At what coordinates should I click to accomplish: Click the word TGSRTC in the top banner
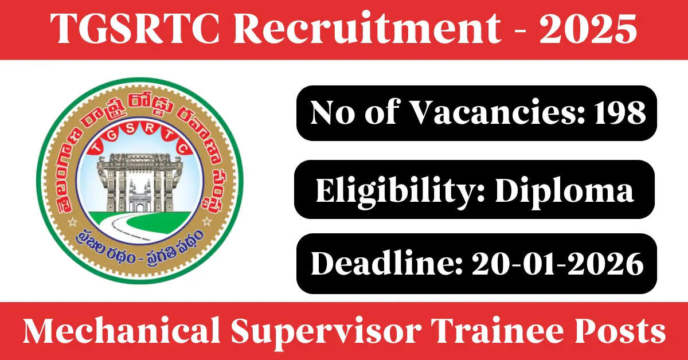pos(135,29)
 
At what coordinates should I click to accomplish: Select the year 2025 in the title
pos(588,29)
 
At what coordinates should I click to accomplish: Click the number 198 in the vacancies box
pos(620,113)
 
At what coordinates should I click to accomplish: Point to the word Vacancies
pos(498,113)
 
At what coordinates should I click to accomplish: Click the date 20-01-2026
pos(558,264)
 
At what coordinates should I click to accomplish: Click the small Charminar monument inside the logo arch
pos(140,197)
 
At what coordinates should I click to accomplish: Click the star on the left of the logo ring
pos(72,222)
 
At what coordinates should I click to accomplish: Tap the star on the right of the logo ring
pos(207,221)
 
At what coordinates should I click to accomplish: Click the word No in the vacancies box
pos(333,113)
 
